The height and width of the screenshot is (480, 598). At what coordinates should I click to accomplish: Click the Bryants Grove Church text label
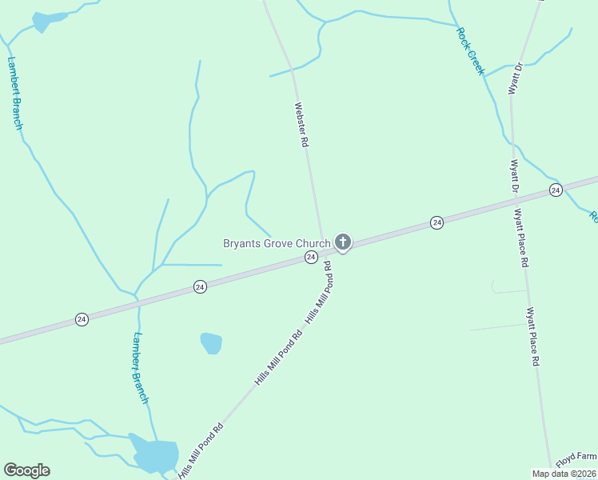276,243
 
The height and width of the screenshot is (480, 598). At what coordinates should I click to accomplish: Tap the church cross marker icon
343,242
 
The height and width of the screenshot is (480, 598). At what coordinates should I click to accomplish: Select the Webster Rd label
301,125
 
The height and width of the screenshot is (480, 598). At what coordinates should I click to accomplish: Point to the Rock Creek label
470,51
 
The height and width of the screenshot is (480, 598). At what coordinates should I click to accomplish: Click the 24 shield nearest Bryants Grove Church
311,257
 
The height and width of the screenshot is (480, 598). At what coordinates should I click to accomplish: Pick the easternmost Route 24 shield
556,190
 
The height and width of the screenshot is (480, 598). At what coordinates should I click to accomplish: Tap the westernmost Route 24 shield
82,318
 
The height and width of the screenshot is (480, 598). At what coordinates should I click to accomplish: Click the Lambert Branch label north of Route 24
15,93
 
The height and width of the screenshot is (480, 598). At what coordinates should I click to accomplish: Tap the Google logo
26,470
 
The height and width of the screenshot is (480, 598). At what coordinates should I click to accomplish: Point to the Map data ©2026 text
564,474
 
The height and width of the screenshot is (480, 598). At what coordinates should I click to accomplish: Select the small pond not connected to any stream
211,343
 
